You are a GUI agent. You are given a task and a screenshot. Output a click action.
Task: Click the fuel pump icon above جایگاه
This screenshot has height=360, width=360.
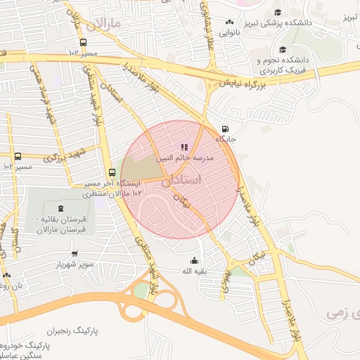click(224, 129)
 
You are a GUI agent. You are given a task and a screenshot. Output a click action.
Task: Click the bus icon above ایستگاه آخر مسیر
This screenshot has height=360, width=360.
click(112, 172)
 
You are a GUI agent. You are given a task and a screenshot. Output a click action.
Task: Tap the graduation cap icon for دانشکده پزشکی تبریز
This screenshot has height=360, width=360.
click(278, 12)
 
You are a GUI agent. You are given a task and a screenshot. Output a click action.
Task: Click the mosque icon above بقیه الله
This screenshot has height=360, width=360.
click(194, 261)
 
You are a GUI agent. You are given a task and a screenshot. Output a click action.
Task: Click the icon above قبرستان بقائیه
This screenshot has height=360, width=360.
click(60, 207)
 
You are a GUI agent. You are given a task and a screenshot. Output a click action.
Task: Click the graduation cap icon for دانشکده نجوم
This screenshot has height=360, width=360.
click(283, 50)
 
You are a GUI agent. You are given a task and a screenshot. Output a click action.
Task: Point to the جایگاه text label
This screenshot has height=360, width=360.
click(225, 140)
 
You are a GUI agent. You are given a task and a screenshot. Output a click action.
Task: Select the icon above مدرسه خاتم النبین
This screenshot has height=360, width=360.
click(184, 148)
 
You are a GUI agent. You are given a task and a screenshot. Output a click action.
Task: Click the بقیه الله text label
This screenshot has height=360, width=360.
click(194, 271)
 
